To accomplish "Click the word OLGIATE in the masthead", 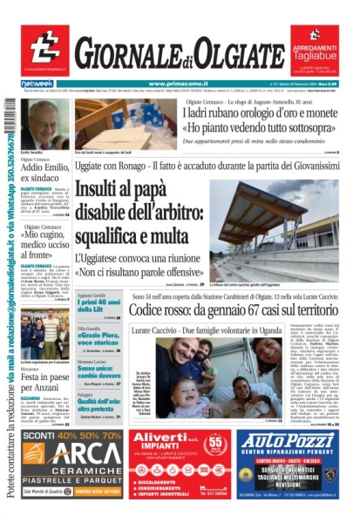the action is (236, 58).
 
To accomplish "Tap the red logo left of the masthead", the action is (44, 49).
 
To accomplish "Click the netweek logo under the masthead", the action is (37, 83).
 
